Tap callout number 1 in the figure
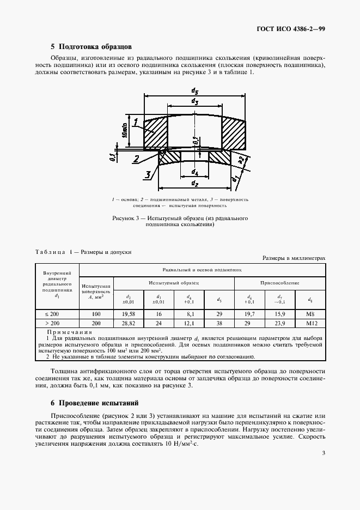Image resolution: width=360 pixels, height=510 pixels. (136, 122)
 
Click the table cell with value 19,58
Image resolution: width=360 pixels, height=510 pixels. (129, 314)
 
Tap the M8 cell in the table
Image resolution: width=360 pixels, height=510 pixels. (310, 314)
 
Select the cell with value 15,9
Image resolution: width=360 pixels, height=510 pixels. (280, 314)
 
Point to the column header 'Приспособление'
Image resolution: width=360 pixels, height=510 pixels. (280, 283)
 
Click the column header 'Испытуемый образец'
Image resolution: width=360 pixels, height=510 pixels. (174, 283)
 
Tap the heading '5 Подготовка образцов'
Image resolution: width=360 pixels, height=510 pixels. (91, 47)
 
